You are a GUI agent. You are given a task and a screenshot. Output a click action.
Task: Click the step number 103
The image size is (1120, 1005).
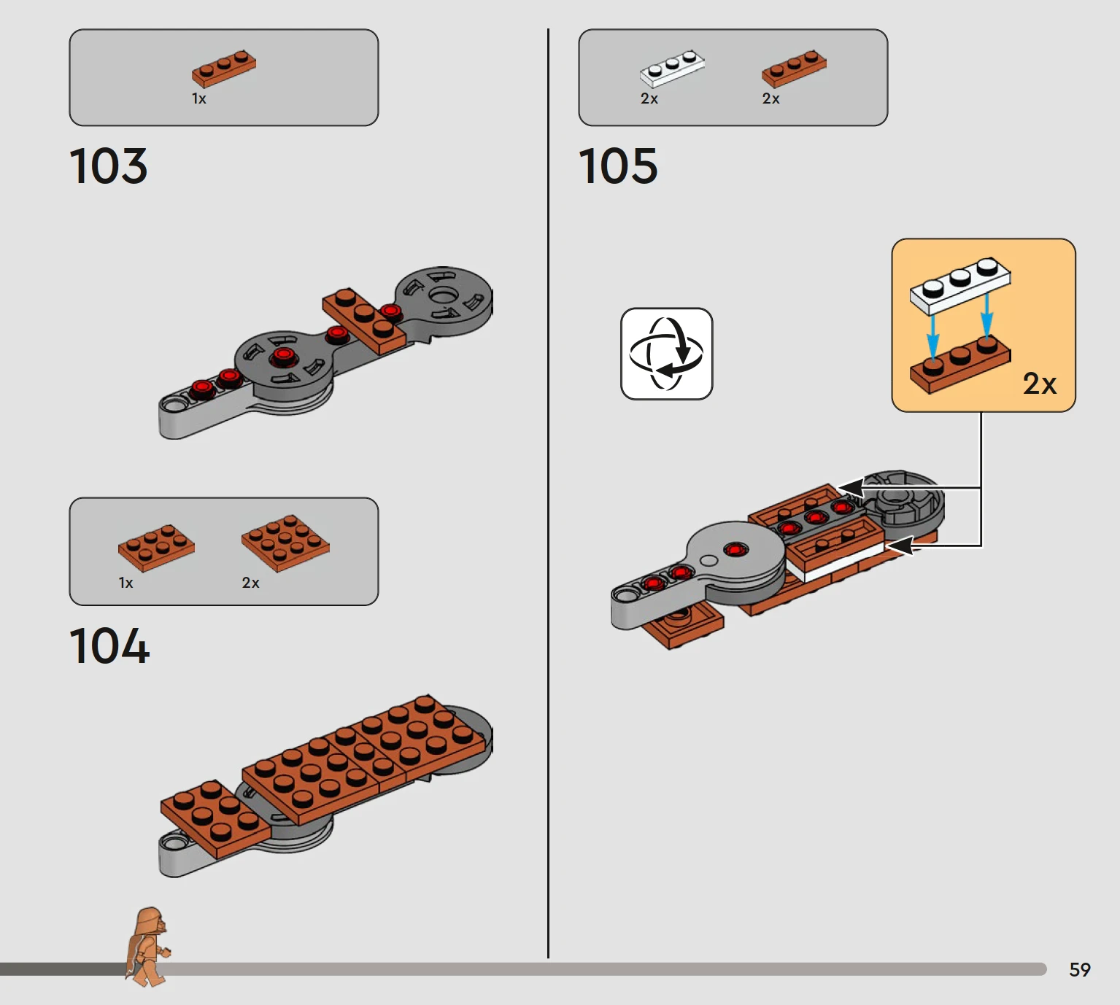(108, 166)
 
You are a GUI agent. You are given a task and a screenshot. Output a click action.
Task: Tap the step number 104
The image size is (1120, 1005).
(109, 645)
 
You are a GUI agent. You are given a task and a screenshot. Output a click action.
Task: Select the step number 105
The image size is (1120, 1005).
(618, 166)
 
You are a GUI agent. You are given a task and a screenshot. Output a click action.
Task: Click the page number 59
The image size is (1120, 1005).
(1080, 970)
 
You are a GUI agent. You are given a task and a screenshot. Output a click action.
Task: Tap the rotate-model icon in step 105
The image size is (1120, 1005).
(667, 354)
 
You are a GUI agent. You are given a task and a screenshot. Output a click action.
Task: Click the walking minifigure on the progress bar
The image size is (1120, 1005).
(147, 947)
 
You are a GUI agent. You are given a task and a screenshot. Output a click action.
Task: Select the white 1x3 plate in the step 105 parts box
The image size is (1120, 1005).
(672, 69)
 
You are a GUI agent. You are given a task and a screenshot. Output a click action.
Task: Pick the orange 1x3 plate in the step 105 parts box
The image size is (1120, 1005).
(794, 69)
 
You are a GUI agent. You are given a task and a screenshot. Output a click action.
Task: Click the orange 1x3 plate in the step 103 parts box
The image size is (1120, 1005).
(224, 69)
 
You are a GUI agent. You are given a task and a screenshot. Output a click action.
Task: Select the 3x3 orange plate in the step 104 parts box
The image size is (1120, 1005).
(285, 543)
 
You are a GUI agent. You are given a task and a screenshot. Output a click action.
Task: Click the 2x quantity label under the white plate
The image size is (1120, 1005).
(649, 99)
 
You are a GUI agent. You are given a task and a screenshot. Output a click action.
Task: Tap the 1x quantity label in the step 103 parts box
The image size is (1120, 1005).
(199, 99)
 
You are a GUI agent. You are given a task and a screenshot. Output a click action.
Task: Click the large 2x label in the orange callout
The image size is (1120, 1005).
(1039, 384)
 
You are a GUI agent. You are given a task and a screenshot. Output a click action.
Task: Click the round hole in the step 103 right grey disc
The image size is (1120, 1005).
(441, 295)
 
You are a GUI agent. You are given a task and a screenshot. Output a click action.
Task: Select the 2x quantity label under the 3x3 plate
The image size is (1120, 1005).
(250, 583)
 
